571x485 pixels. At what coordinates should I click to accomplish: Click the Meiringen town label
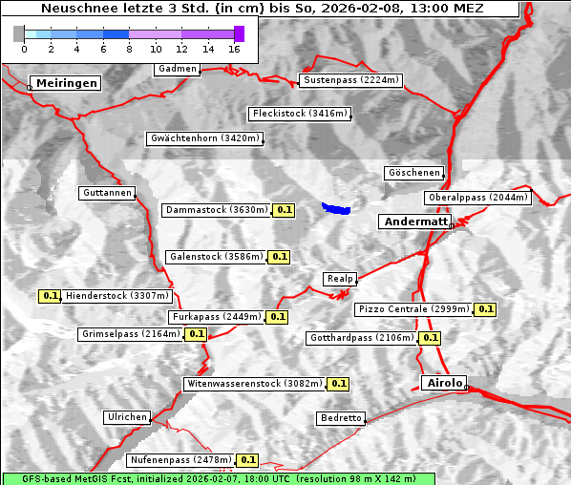(66, 83)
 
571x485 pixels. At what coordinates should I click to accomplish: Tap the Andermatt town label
(415, 221)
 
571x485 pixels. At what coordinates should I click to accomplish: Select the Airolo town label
(444, 383)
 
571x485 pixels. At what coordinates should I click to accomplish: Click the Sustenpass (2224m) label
(350, 80)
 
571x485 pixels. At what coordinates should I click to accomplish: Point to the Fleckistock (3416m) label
(299, 114)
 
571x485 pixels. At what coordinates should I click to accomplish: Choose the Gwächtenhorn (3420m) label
(204, 138)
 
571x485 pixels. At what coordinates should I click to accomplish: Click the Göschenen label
(413, 173)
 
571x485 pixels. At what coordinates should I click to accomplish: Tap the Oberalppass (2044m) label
(477, 198)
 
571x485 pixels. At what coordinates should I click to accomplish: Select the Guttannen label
(107, 193)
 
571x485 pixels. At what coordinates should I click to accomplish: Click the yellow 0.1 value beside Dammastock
(284, 209)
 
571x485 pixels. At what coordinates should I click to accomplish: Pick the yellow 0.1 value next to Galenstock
(279, 257)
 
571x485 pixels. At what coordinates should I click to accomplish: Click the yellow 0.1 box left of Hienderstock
(51, 296)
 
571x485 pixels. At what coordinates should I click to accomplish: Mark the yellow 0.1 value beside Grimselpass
(196, 334)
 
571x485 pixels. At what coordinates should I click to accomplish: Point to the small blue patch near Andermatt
(336, 207)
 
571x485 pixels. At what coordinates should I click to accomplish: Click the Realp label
(339, 279)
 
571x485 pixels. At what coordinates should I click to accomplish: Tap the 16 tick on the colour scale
(234, 48)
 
